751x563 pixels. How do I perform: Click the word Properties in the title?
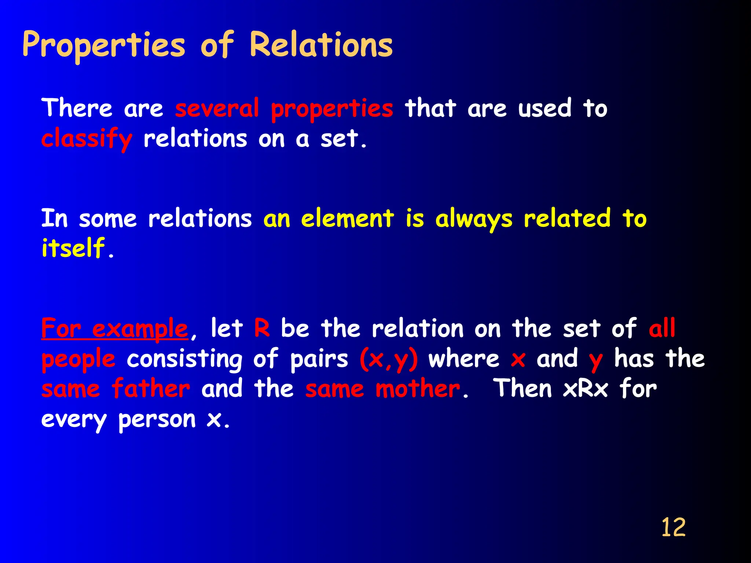(x=104, y=45)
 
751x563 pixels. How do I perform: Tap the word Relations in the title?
(x=321, y=45)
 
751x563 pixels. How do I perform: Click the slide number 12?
(x=673, y=528)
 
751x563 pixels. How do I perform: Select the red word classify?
(x=87, y=139)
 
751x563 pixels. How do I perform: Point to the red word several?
(x=217, y=109)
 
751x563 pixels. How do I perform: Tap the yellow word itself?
(x=73, y=248)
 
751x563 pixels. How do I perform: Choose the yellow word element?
(x=347, y=219)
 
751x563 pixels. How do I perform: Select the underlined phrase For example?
(x=114, y=329)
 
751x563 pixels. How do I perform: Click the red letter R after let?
(x=262, y=328)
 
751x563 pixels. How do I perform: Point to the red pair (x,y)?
(x=388, y=359)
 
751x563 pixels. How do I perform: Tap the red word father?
(x=151, y=389)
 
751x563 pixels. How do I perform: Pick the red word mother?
(x=418, y=389)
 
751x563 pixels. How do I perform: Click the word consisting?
(x=184, y=359)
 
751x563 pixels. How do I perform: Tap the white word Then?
(x=523, y=389)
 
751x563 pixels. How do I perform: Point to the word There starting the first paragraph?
(x=77, y=109)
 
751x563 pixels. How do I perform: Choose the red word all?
(x=662, y=328)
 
